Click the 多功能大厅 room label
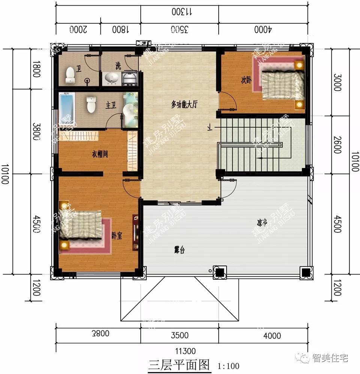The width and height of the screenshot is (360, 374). click(x=184, y=105)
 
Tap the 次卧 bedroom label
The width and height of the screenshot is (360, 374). click(x=246, y=80)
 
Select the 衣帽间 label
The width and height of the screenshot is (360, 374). click(x=100, y=154)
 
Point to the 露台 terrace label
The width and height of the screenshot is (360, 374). click(x=180, y=250)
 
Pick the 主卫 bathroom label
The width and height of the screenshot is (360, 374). click(x=110, y=106)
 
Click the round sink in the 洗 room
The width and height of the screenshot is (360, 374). click(x=111, y=78)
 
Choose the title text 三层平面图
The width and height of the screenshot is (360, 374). click(x=178, y=365)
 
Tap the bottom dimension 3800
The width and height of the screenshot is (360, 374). click(x=99, y=333)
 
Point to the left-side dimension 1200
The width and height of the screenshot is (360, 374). click(x=36, y=288)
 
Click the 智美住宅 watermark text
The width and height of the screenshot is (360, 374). click(x=330, y=358)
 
